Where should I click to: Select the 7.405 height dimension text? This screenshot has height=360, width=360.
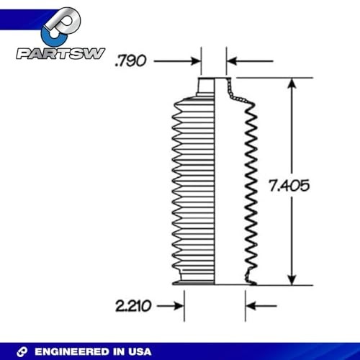(x=289, y=185)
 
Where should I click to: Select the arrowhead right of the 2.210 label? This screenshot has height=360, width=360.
(x=178, y=306)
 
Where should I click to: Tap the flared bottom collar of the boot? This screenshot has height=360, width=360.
(x=197, y=279)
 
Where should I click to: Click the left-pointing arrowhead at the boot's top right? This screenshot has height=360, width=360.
(x=232, y=62)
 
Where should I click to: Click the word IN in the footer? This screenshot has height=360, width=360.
(x=120, y=351)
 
